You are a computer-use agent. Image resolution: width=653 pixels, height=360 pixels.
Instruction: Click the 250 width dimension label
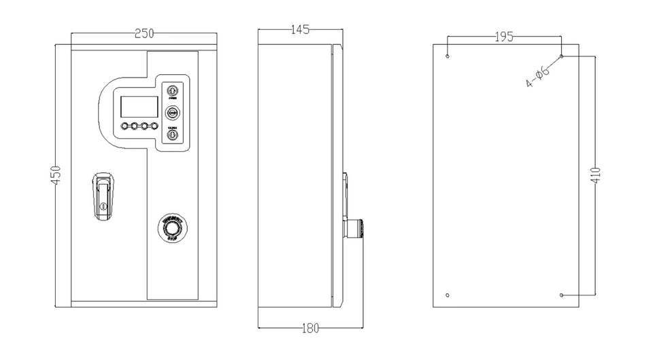click(144, 33)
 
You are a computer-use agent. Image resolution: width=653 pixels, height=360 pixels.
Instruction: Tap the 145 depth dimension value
click(299, 29)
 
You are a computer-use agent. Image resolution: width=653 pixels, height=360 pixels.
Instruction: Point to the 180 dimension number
click(309, 329)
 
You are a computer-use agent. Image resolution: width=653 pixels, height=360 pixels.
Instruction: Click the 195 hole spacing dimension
click(503, 37)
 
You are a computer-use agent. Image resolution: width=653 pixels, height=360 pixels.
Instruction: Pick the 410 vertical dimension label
click(595, 176)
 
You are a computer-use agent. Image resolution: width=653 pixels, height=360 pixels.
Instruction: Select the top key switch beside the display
click(172, 90)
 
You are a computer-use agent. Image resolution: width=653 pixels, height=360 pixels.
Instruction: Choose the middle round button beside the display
click(172, 113)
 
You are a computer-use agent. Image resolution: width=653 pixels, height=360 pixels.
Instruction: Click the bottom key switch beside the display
click(172, 136)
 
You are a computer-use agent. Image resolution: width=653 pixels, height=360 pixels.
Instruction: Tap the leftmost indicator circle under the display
click(125, 127)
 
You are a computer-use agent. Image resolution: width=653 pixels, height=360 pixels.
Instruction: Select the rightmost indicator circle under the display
click(154, 127)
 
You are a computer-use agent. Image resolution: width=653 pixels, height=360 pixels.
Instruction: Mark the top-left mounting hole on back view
click(448, 56)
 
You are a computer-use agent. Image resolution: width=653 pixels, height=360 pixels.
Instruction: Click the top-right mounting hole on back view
click(561, 56)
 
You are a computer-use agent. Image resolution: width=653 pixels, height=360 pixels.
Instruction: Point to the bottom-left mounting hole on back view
click(448, 295)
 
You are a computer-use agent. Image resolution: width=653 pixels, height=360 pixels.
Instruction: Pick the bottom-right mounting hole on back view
click(561, 295)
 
